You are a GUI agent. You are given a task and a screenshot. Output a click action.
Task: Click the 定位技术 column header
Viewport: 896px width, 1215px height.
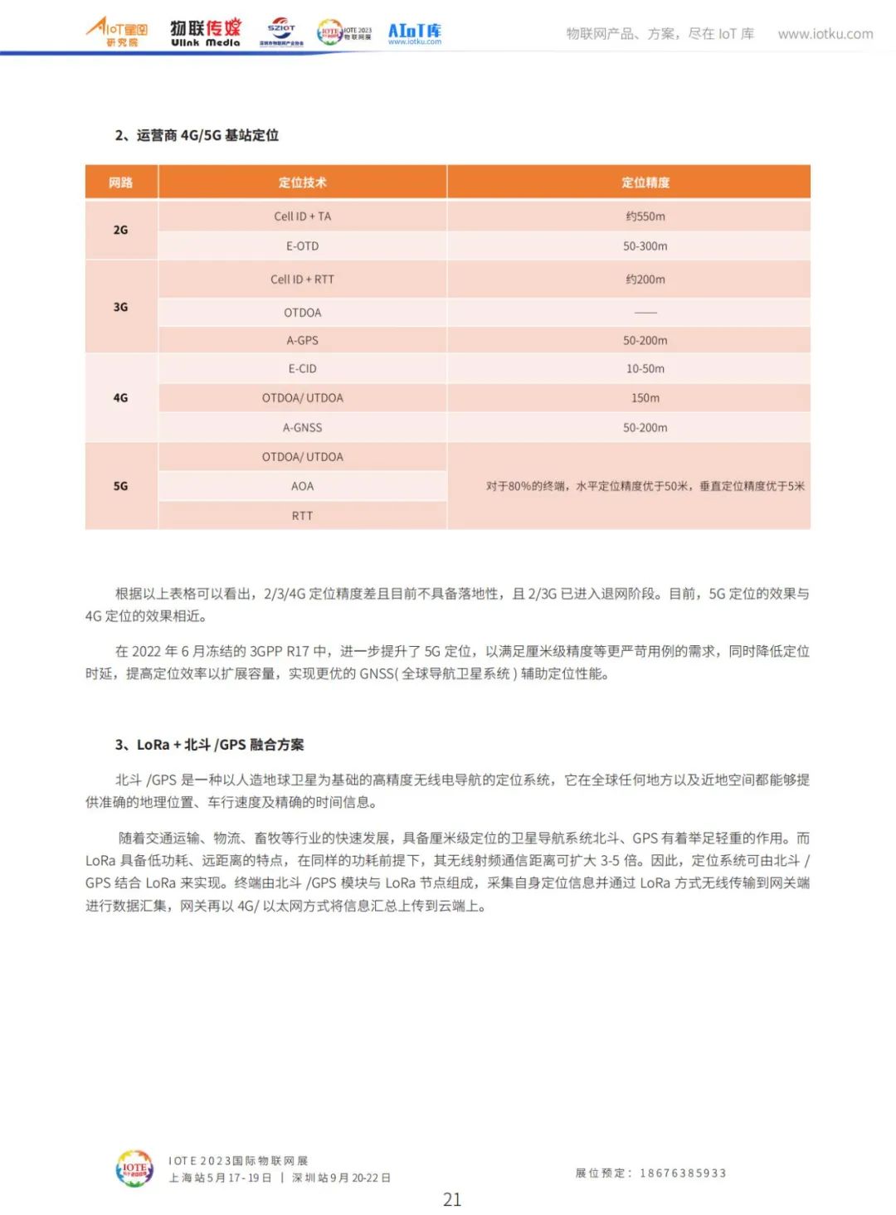pyautogui.click(x=302, y=182)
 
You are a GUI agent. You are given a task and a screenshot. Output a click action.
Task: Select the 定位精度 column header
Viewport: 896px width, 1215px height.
pyautogui.click(x=645, y=182)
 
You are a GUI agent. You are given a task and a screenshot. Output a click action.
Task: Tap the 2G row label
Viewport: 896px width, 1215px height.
pyautogui.click(x=121, y=230)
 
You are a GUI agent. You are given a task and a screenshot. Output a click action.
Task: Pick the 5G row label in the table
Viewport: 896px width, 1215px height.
pyautogui.click(x=121, y=486)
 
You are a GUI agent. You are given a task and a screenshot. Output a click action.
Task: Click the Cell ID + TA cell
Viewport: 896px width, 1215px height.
pyautogui.click(x=302, y=216)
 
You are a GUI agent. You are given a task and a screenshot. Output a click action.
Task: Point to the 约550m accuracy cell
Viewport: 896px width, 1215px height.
pyautogui.click(x=645, y=216)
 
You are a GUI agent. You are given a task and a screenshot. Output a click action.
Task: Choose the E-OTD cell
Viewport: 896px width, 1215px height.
pyautogui.click(x=302, y=246)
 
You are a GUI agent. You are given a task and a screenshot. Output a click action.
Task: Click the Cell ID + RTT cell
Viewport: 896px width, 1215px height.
pyautogui.click(x=302, y=279)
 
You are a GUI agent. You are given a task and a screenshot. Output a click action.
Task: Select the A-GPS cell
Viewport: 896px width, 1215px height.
pyautogui.click(x=302, y=340)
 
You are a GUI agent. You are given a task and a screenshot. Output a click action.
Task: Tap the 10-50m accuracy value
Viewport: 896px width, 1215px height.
pyautogui.click(x=645, y=368)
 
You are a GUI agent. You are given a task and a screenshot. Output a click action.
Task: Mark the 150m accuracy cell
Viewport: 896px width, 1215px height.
pyautogui.click(x=645, y=398)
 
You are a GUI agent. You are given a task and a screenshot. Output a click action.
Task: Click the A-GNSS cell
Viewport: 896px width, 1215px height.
pyautogui.click(x=302, y=428)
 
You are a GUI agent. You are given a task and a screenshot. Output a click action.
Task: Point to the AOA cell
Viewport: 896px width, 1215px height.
pyautogui.click(x=302, y=486)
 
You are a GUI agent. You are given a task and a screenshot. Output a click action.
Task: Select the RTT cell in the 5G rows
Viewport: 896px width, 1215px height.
pyautogui.click(x=302, y=516)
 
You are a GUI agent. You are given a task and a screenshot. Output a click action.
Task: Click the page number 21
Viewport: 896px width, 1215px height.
pyautogui.click(x=452, y=1199)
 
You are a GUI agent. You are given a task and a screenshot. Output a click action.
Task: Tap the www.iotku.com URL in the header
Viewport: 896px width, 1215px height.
pyautogui.click(x=825, y=34)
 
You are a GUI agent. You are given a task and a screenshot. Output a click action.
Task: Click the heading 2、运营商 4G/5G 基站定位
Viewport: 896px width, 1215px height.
pyautogui.click(x=197, y=135)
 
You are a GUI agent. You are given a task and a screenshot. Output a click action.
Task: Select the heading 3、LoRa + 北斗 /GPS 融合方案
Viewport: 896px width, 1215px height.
pyautogui.click(x=209, y=745)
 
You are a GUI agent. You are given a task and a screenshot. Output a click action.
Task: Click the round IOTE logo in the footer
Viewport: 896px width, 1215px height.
pyautogui.click(x=134, y=1169)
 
